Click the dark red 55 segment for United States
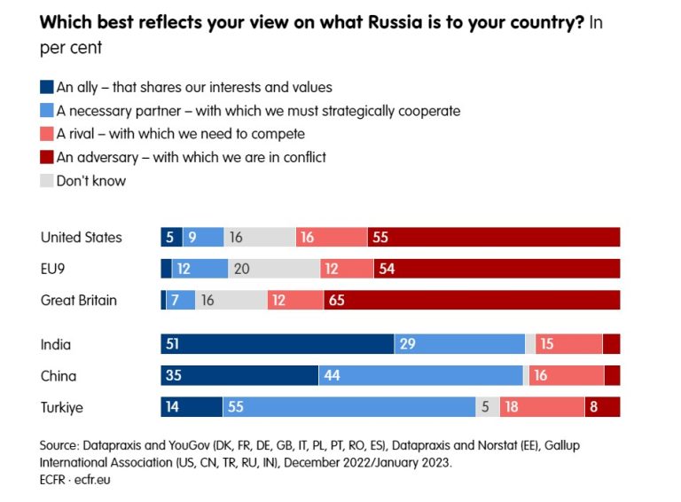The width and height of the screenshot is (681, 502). pos(493,238)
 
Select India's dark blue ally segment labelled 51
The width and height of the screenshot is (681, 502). pos(277,344)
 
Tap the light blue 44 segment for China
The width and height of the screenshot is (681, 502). pos(420,375)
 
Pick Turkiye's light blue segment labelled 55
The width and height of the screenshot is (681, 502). pos(348,407)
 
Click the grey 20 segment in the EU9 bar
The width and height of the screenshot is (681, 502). pos(274,269)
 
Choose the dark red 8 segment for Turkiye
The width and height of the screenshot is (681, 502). pos(602,407)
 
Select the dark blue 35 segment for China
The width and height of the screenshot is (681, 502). pos(239,375)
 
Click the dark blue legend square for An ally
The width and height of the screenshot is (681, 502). pos(47,88)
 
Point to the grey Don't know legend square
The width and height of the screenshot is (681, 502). pos(47,181)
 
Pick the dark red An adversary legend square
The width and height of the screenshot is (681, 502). pos(47,158)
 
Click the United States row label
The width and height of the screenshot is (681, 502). pos(82,238)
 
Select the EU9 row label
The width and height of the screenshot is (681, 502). pos(55,269)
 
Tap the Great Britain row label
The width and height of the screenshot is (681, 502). pos(79,301)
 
